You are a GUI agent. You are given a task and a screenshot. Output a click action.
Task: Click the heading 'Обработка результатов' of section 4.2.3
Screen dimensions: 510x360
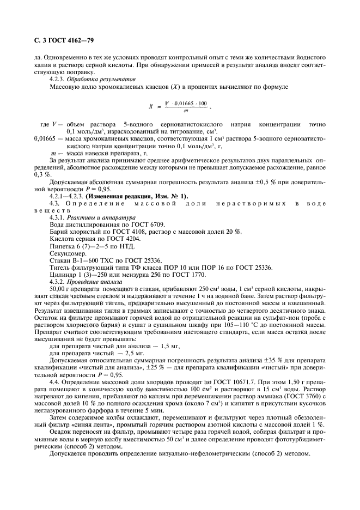(x=103, y=79)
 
